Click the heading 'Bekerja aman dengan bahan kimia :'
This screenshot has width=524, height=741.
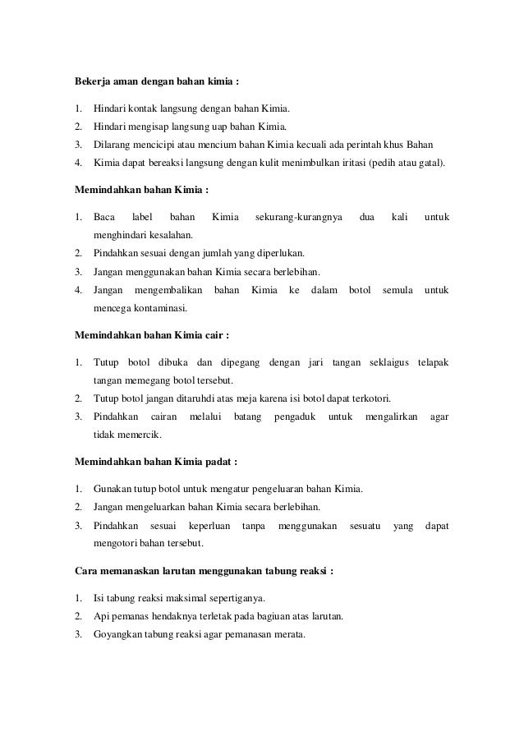157,83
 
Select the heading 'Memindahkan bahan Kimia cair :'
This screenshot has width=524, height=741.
152,336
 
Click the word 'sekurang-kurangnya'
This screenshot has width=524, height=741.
294,218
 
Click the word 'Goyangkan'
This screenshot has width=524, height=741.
117,633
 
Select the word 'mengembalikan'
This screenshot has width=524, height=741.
168,290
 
